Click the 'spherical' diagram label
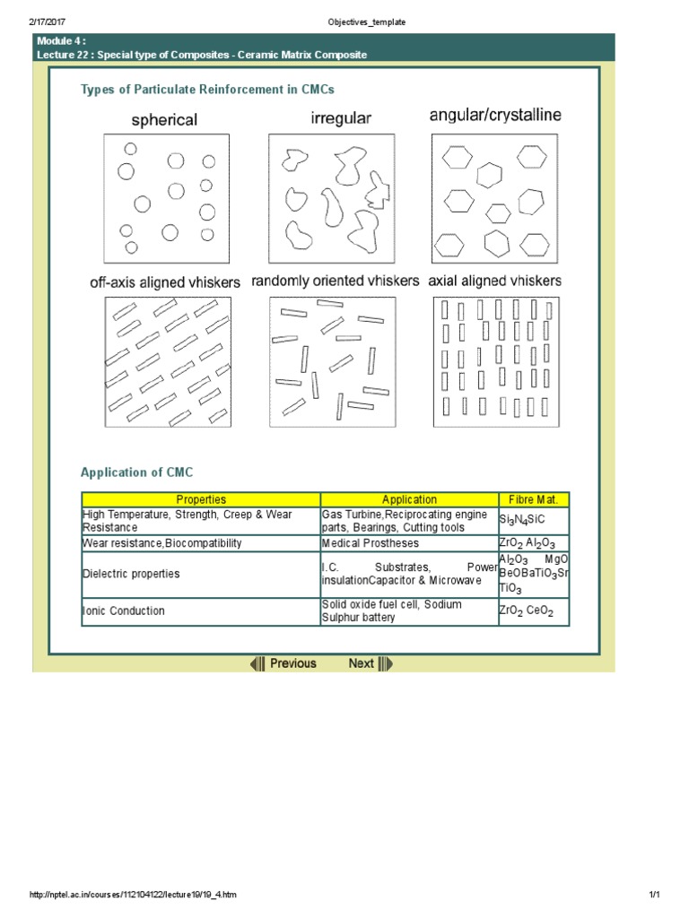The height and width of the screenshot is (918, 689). click(165, 119)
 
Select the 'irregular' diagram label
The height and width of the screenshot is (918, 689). click(341, 117)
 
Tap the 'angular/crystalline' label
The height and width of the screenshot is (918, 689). click(496, 116)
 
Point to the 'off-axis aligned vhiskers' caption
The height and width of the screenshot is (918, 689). click(165, 281)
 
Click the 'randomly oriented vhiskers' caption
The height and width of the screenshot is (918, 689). click(335, 281)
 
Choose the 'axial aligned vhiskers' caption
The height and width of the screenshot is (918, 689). click(495, 281)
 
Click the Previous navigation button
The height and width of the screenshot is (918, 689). click(283, 663)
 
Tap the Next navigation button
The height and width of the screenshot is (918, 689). click(370, 663)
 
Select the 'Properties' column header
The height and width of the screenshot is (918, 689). click(201, 499)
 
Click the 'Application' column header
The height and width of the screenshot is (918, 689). click(409, 499)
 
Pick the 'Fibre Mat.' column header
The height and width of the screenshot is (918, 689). click(534, 499)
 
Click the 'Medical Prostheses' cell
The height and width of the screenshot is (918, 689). click(370, 543)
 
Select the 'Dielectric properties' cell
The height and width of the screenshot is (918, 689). click(131, 574)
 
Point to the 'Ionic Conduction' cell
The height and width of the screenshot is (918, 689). click(124, 611)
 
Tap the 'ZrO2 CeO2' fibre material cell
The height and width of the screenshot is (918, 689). click(527, 611)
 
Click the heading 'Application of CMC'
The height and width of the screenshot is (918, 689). click(136, 472)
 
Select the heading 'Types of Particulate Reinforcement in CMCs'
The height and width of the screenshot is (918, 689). click(207, 90)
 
